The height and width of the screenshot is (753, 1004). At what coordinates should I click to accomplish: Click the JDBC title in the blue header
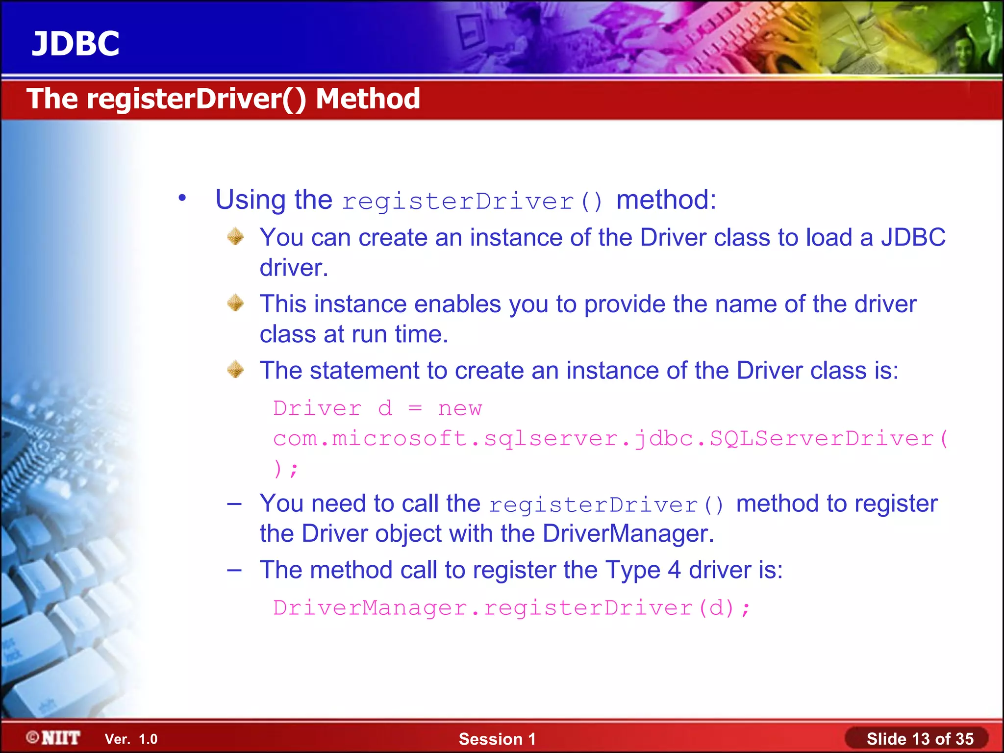pyautogui.click(x=75, y=44)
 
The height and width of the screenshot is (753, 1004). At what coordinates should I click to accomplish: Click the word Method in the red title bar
pyautogui.click(x=368, y=99)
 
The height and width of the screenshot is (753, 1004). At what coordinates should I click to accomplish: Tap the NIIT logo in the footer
pyautogui.click(x=54, y=738)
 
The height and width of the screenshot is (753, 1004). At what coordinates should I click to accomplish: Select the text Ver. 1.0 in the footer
pyautogui.click(x=131, y=739)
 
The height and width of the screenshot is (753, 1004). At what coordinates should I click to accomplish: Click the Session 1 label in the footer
pyautogui.click(x=497, y=739)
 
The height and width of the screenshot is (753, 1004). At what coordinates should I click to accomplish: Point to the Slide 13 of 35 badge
pyautogui.click(x=919, y=739)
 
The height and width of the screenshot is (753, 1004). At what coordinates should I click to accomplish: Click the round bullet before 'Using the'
pyautogui.click(x=182, y=198)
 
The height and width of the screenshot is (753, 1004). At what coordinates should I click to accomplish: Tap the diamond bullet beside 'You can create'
pyautogui.click(x=235, y=236)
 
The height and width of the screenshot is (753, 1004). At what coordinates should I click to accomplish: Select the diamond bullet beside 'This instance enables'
pyautogui.click(x=235, y=303)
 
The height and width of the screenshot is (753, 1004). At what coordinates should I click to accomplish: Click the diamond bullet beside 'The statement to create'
pyautogui.click(x=235, y=369)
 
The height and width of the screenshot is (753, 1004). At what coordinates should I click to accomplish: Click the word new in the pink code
pyautogui.click(x=460, y=408)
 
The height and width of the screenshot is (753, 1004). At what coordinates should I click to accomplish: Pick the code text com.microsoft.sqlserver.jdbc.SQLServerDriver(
pyautogui.click(x=610, y=438)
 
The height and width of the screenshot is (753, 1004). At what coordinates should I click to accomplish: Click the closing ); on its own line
pyautogui.click(x=286, y=469)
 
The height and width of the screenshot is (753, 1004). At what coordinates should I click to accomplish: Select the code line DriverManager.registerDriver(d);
pyautogui.click(x=511, y=608)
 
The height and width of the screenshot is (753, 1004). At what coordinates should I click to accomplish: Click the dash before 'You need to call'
pyautogui.click(x=234, y=503)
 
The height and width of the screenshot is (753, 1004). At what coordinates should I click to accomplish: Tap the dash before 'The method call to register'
pyautogui.click(x=234, y=570)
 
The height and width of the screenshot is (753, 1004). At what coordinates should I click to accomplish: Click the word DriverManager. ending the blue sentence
pyautogui.click(x=628, y=533)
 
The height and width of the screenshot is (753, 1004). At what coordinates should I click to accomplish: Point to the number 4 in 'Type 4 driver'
pyautogui.click(x=674, y=570)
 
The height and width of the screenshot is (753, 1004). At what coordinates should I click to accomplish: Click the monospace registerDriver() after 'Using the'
pyautogui.click(x=473, y=201)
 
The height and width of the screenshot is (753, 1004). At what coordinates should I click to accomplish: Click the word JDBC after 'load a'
pyautogui.click(x=913, y=237)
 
